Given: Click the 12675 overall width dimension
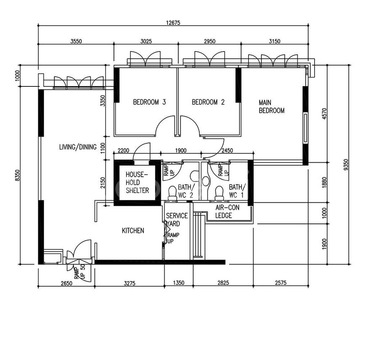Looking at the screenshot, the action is (173, 23).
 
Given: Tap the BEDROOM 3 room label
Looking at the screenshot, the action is (149, 102).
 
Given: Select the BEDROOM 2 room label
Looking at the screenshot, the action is (208, 102).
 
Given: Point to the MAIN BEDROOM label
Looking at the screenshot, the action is (272, 107).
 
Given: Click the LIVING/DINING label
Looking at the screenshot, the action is (78, 147).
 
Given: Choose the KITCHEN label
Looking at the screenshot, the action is (133, 231).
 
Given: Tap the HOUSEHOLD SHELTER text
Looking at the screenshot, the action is (137, 183).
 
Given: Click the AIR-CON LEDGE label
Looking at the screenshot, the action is (227, 212).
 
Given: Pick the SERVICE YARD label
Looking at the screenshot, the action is (177, 220).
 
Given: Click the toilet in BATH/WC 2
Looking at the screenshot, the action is (172, 193).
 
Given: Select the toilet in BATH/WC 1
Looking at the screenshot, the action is (219, 193).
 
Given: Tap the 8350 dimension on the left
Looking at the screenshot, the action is (17, 175).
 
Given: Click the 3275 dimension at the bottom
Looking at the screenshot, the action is (130, 283).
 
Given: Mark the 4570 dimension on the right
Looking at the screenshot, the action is (324, 113).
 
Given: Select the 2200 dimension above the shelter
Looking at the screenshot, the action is (123, 150).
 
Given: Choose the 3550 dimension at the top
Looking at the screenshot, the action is (76, 41).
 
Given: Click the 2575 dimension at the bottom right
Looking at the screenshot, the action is (280, 282).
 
